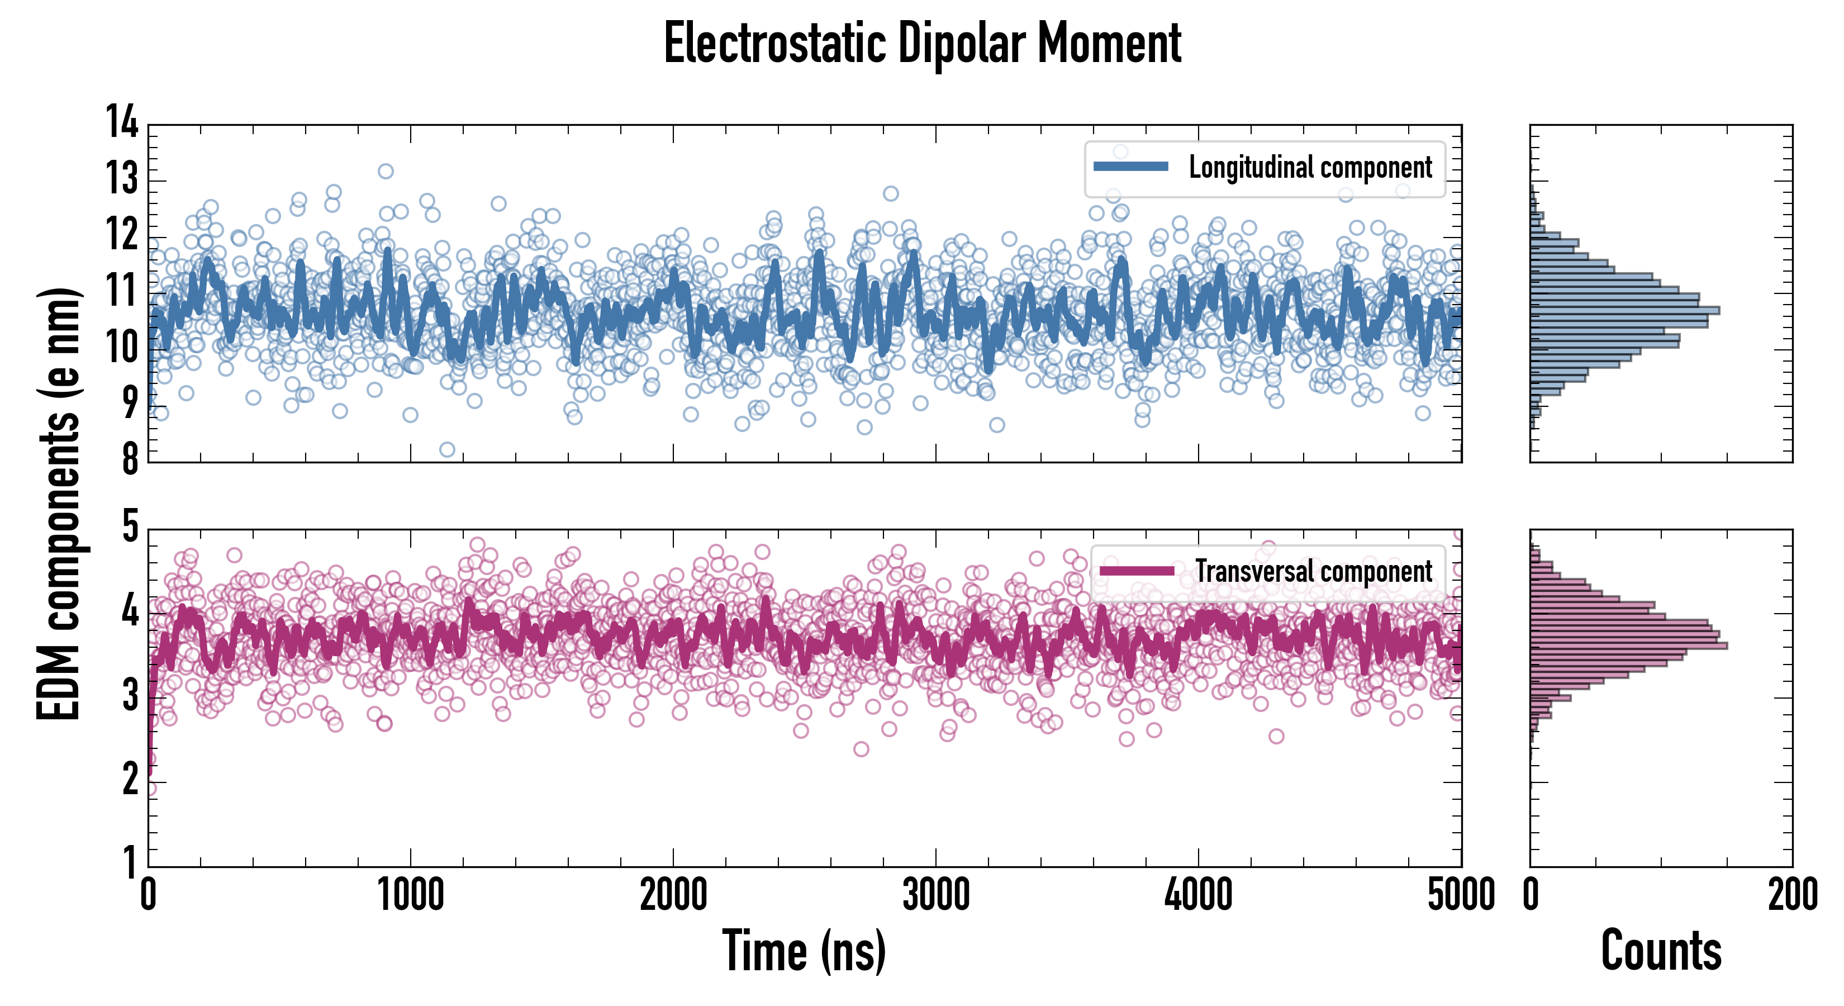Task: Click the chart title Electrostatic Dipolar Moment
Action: [922, 44]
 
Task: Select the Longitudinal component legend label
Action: [1310, 168]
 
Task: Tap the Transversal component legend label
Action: [1314, 571]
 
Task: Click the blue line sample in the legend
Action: [1131, 167]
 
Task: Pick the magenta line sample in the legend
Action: [1137, 571]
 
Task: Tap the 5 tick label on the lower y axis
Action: [130, 527]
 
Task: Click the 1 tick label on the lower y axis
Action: [130, 863]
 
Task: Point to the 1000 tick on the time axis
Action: [410, 895]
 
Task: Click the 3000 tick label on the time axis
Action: [935, 895]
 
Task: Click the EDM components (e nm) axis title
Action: [59, 504]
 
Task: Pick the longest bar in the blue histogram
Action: [1625, 311]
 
